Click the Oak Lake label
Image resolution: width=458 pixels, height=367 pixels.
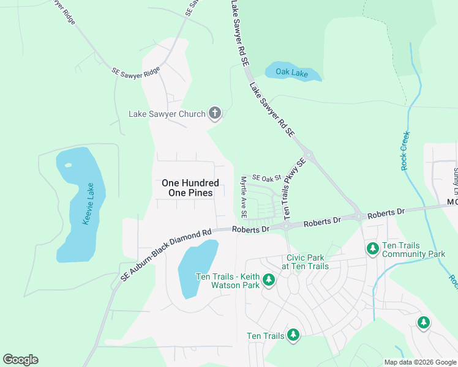pyautogui.click(x=291, y=73)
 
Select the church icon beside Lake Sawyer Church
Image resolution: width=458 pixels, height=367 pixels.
pyautogui.click(x=214, y=113)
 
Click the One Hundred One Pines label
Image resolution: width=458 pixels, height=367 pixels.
pyautogui.click(x=190, y=188)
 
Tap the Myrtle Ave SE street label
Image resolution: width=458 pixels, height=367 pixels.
pyautogui.click(x=243, y=198)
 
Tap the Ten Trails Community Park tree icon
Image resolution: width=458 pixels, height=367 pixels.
pyautogui.click(x=372, y=248)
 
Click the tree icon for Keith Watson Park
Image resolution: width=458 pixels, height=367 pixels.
pyautogui.click(x=268, y=280)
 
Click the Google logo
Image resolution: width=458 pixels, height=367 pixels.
pyautogui.click(x=20, y=360)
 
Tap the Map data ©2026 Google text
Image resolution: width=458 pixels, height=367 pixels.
pyautogui.click(x=419, y=362)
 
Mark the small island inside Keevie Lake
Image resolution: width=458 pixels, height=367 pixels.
pyautogui.click(x=68, y=165)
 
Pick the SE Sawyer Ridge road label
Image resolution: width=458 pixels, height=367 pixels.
pyautogui.click(x=135, y=72)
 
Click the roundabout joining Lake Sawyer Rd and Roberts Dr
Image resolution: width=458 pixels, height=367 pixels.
pyautogui.click(x=358, y=217)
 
